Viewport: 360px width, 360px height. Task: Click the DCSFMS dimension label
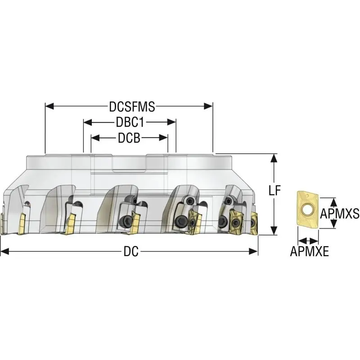tap(132, 107)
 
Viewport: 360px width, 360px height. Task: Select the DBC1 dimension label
tap(130, 122)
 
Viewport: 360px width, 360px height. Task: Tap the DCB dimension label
tap(129, 138)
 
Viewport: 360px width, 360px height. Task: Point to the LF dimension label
tap(275, 190)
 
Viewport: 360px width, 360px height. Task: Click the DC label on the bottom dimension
tap(131, 252)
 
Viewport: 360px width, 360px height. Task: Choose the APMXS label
tap(340, 213)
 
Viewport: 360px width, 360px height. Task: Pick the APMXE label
tap(309, 251)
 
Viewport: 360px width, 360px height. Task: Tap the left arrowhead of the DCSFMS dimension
tap(49, 106)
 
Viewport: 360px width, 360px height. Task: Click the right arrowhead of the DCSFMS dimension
tap(208, 106)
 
